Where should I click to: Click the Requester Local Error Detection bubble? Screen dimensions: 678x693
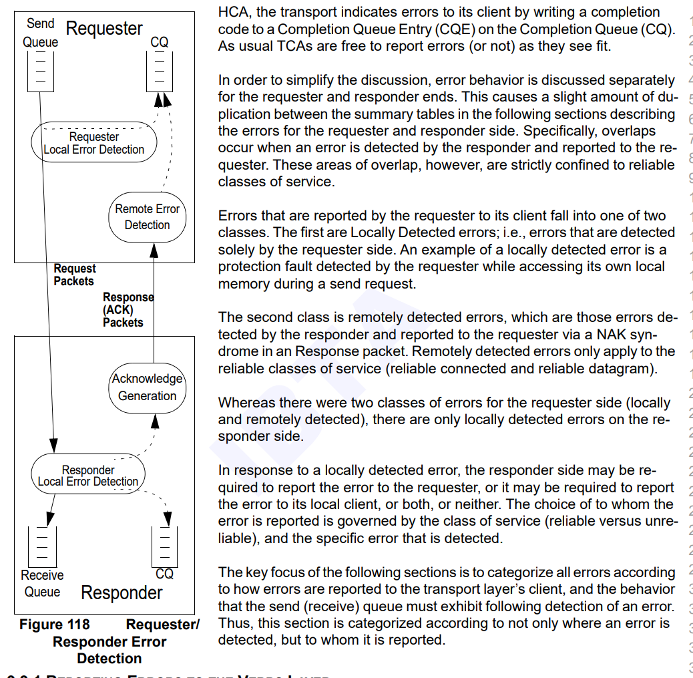click(x=93, y=143)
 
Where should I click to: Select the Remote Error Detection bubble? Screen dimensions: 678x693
click(x=147, y=217)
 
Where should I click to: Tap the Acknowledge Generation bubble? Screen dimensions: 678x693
click(x=147, y=387)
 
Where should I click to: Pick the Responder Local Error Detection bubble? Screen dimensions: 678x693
click(x=88, y=476)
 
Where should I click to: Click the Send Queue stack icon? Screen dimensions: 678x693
click(x=40, y=70)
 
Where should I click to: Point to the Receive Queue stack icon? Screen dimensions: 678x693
click(x=41, y=544)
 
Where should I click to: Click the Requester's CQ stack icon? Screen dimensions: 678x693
click(x=159, y=70)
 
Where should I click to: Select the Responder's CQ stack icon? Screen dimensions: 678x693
click(x=164, y=544)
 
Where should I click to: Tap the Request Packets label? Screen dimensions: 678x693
click(x=74, y=275)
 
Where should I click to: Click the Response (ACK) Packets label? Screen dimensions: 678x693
click(x=127, y=309)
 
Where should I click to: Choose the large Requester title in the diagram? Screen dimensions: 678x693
click(x=104, y=29)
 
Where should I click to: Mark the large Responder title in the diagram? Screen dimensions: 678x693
click(x=122, y=592)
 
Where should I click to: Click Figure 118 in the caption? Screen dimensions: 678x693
click(x=54, y=625)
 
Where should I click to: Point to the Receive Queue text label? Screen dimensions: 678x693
click(x=42, y=583)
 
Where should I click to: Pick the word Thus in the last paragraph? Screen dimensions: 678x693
click(x=232, y=623)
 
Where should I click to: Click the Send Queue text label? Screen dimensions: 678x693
click(x=40, y=33)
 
